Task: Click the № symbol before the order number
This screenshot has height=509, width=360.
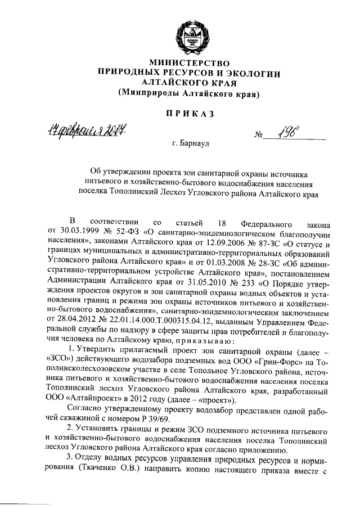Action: tap(259, 136)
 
